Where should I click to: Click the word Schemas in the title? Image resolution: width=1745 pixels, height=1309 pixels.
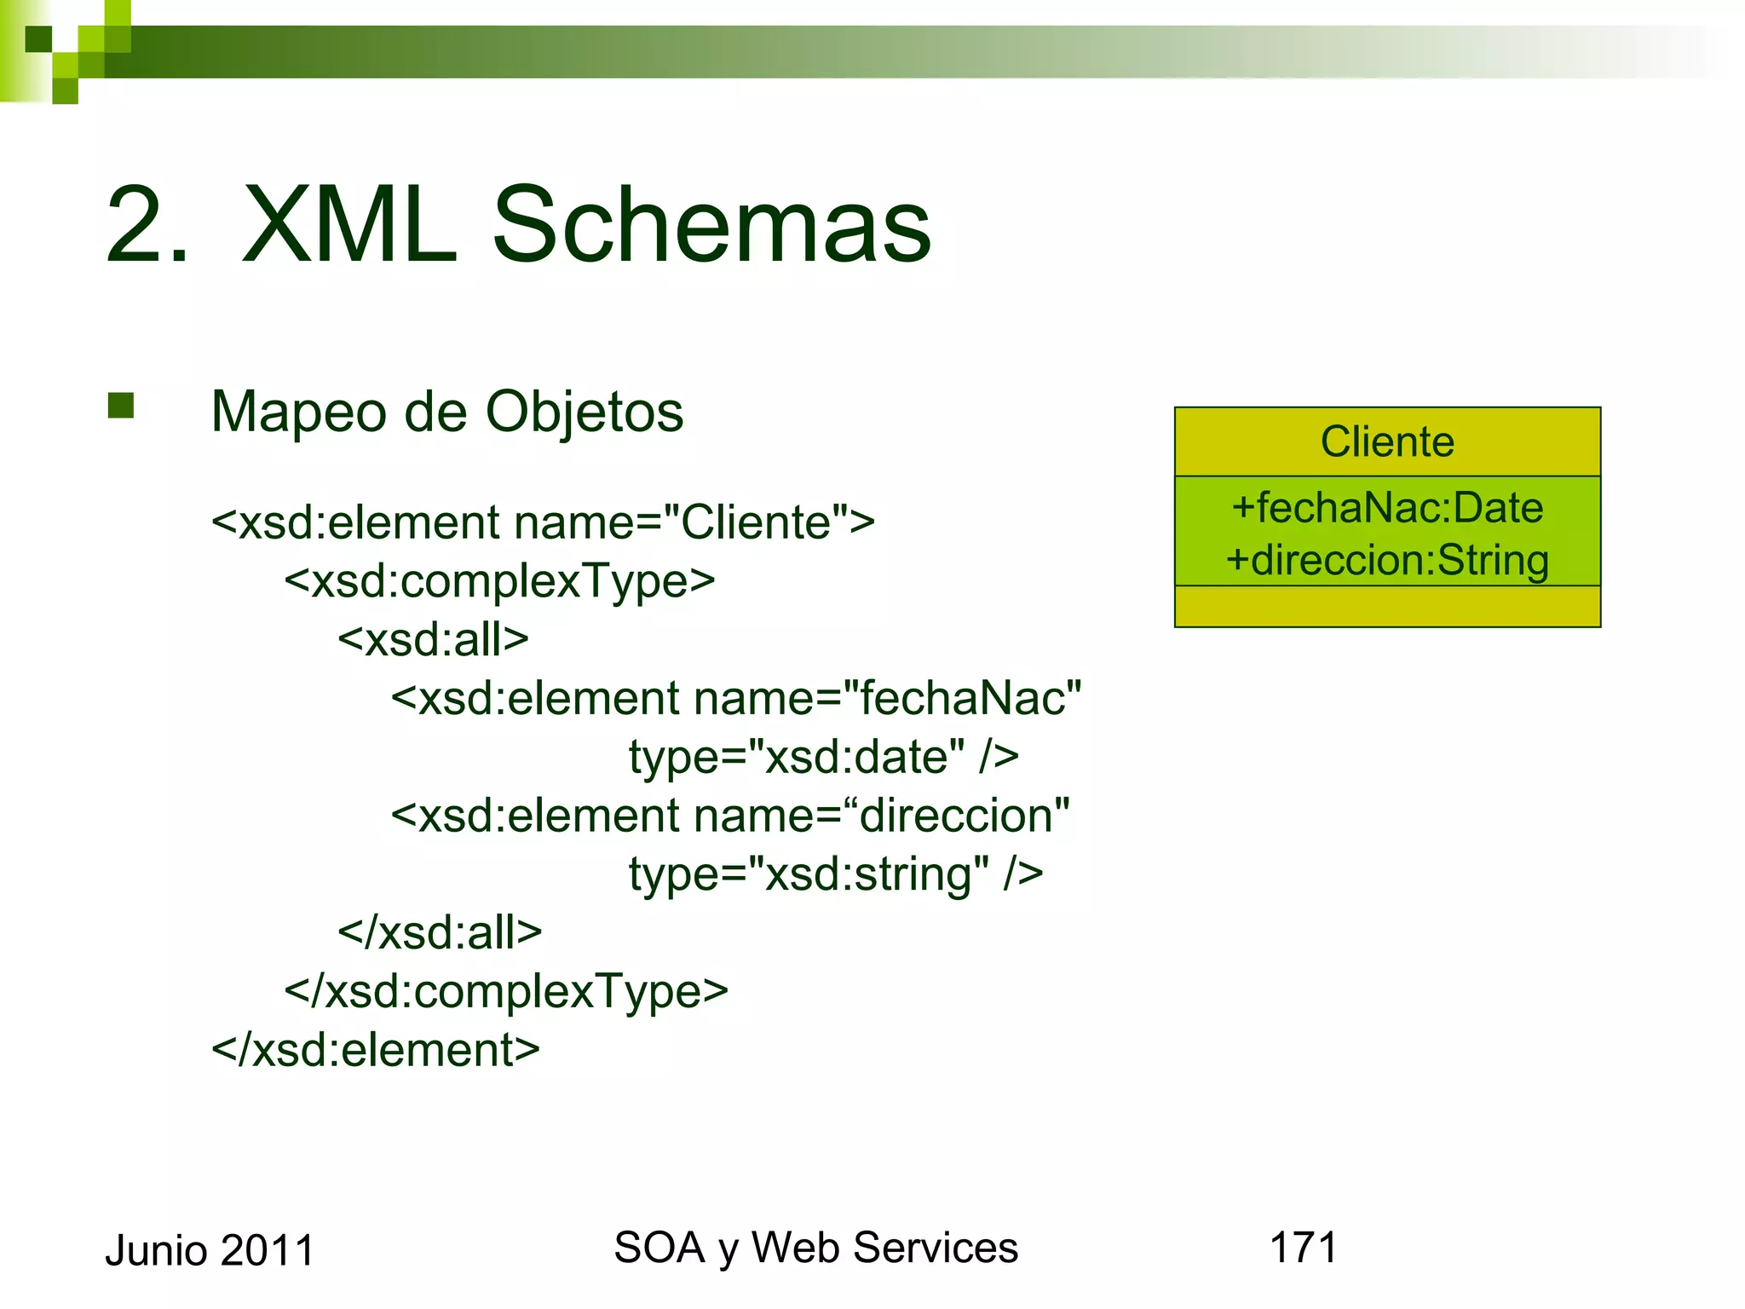coord(711,225)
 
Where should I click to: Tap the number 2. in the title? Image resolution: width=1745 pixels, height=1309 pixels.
coord(147,225)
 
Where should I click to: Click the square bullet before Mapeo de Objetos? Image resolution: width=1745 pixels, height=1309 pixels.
coord(121,406)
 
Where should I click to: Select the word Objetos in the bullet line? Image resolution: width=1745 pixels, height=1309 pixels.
coord(585,412)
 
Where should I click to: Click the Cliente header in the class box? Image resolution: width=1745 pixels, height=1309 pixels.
coord(1387,441)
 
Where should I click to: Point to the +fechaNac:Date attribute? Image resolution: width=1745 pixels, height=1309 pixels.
coord(1387,508)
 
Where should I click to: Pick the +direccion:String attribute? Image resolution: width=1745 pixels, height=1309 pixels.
coord(1387,561)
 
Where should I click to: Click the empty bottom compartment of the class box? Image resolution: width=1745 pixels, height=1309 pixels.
coord(1387,607)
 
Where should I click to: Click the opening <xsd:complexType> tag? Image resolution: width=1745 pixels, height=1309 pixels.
coord(499,581)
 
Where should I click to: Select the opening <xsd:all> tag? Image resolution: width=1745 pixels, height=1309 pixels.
coord(433,639)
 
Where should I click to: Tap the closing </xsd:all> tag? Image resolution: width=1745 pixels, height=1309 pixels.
coord(440,932)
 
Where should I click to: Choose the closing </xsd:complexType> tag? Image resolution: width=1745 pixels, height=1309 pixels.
coord(506,991)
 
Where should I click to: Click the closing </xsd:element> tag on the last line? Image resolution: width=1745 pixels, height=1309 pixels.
coord(376,1050)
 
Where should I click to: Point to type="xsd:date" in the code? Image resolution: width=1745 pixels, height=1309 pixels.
coord(797,757)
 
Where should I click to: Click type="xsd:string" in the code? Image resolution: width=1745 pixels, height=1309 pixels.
coord(809,874)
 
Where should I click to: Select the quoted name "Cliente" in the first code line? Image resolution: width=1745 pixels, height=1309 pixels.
coord(757,522)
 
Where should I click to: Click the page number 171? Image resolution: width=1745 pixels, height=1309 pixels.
coord(1304,1248)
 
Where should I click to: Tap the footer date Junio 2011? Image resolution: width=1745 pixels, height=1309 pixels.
coord(210,1251)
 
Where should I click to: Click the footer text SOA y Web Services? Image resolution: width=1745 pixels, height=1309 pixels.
coord(815,1248)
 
